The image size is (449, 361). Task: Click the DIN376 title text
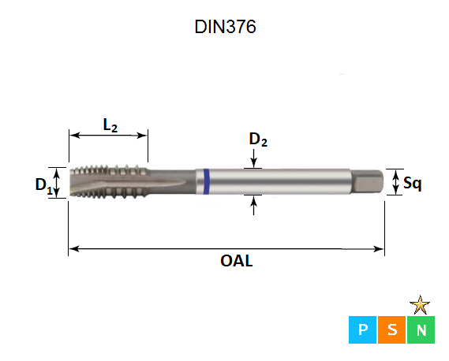(225, 27)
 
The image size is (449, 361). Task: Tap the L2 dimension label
(110, 125)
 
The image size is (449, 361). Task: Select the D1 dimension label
(43, 185)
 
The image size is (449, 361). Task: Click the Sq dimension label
(412, 184)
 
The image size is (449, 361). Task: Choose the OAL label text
(237, 261)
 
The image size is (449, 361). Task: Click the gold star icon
(421, 304)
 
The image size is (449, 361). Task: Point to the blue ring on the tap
(205, 182)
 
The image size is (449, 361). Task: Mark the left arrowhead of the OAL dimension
(73, 249)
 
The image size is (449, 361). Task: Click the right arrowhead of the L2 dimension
(144, 135)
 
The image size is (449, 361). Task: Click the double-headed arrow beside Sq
(395, 183)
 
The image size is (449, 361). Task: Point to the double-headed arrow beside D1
(57, 183)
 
